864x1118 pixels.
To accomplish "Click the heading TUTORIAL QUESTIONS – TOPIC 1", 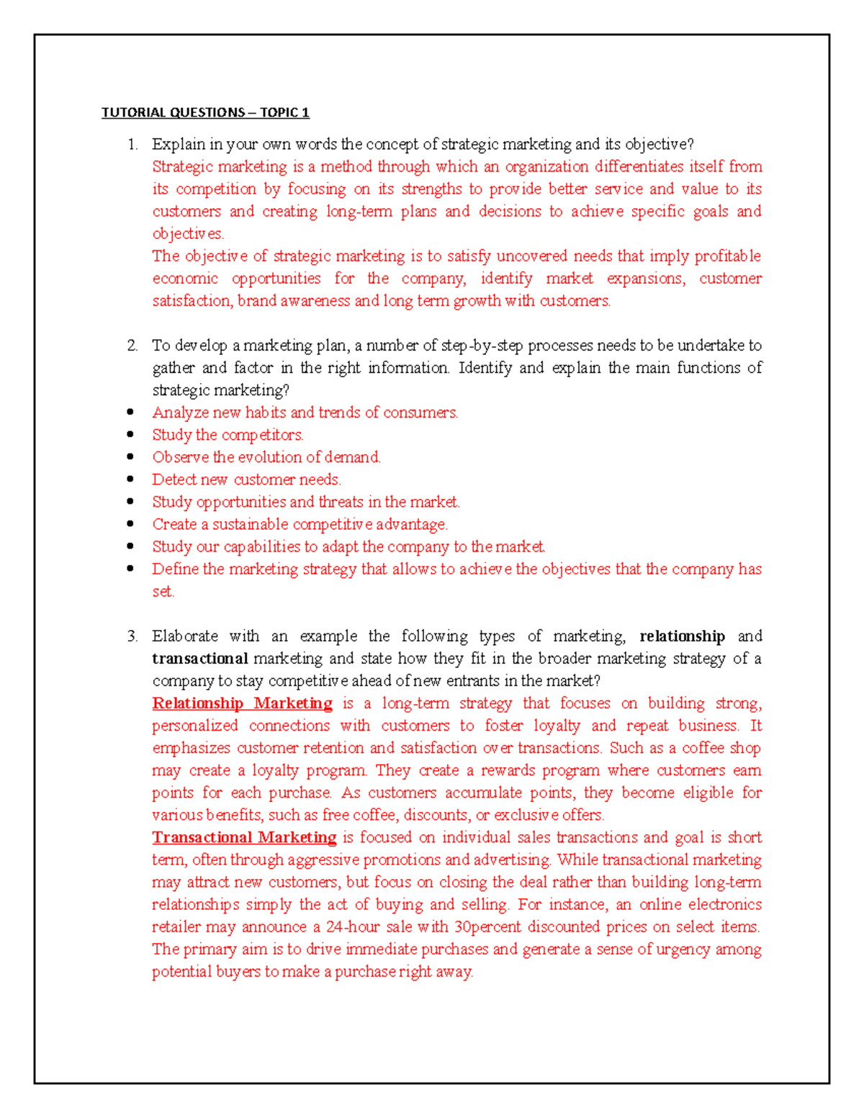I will [205, 112].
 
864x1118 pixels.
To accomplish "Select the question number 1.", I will [132, 145].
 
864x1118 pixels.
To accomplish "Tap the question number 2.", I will [132, 346].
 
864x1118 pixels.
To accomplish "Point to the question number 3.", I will [132, 636].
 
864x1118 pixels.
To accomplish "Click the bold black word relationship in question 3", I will [682, 636].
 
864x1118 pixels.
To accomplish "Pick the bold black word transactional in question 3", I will [200, 659].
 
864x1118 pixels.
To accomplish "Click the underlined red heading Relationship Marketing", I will [242, 703].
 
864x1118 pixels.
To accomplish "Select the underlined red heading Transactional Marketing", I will [244, 837].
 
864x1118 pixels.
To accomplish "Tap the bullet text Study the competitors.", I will [228, 435].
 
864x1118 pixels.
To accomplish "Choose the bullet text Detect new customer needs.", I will [246, 479].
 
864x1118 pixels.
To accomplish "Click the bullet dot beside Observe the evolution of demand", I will [130, 457].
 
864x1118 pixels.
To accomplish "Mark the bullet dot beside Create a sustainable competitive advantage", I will [130, 524].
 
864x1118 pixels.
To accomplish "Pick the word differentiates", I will [639, 167].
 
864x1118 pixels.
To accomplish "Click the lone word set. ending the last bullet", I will [163, 592].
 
